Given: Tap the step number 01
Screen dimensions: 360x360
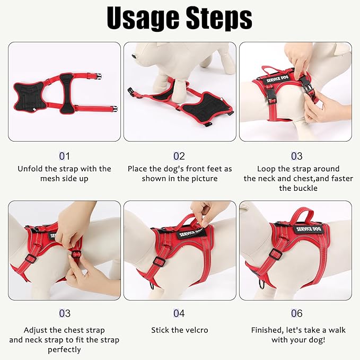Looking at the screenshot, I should (x=64, y=156).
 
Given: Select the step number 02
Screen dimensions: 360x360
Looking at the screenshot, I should (x=179, y=156).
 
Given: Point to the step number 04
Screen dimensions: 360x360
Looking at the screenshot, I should (x=179, y=314).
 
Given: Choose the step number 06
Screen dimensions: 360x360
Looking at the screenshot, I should (x=297, y=314).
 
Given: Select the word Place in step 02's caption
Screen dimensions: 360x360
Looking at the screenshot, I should (x=138, y=169).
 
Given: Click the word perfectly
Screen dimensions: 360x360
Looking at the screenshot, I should (x=64, y=349).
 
